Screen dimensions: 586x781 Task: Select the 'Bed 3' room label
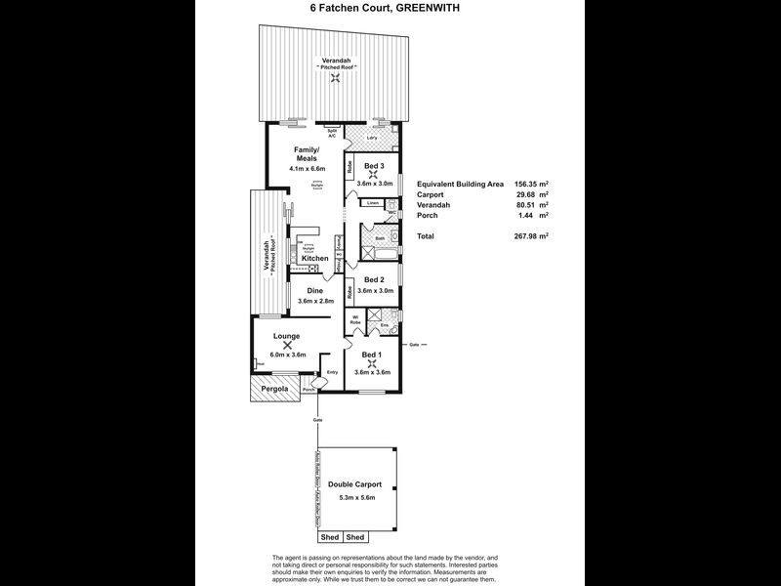tap(373, 165)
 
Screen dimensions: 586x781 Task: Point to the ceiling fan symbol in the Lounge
tap(287, 345)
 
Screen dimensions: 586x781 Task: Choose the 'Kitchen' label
tap(314, 258)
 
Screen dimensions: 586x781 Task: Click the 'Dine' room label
tap(314, 291)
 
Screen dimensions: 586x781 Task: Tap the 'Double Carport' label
tap(353, 485)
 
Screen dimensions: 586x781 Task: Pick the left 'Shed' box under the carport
tap(330, 537)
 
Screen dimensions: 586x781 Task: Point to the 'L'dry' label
tap(372, 139)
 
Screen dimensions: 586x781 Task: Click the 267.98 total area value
tap(527, 235)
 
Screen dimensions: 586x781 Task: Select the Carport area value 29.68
tap(527, 194)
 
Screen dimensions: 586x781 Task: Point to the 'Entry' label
tap(332, 371)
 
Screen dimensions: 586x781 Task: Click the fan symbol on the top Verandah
tap(336, 77)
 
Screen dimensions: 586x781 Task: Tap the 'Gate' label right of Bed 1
tap(414, 345)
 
